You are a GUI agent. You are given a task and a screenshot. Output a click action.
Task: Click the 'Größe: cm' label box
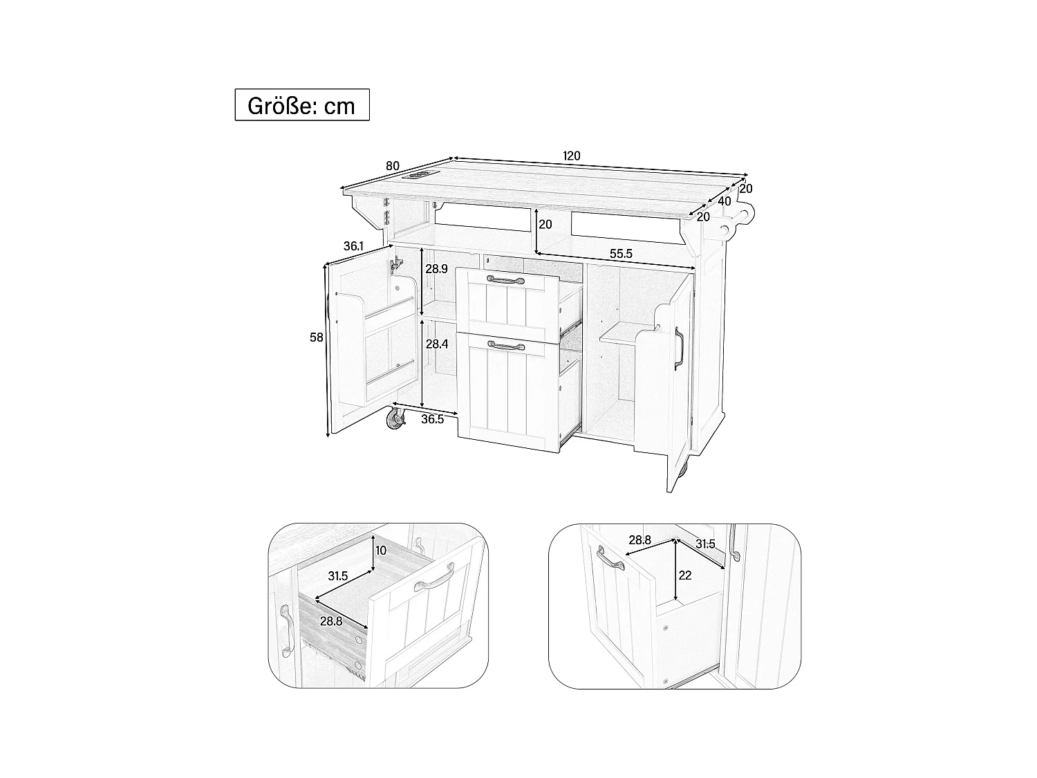(301, 105)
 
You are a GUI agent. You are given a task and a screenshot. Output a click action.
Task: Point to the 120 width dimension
(571, 156)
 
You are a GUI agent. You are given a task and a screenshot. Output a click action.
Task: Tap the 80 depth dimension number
(393, 166)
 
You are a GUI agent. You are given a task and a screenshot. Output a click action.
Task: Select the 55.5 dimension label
(620, 254)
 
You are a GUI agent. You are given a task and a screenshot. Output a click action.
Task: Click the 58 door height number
(317, 337)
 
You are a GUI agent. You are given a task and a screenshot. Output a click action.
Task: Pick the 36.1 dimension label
(353, 246)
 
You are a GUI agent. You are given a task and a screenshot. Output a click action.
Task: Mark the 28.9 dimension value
(436, 268)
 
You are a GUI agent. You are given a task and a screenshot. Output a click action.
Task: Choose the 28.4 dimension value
(436, 344)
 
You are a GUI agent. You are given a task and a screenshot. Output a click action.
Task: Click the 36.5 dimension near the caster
(431, 419)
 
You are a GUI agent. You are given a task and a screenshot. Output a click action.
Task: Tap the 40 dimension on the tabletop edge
(725, 201)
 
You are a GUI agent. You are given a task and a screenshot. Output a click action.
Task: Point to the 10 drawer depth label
(380, 550)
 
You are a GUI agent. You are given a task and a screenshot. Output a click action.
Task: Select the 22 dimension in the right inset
(685, 575)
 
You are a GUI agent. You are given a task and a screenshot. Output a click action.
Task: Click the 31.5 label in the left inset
(339, 576)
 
